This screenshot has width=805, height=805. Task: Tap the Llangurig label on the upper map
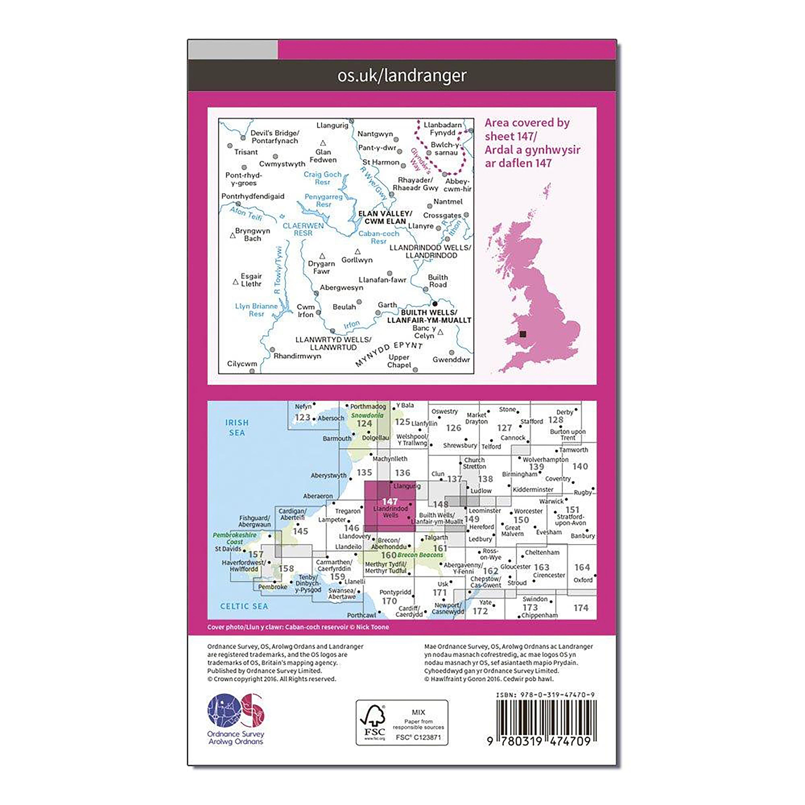click(332, 125)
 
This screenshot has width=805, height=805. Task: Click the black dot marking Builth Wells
click(435, 304)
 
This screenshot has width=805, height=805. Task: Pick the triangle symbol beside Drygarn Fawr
click(322, 256)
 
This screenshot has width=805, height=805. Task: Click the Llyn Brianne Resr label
click(256, 310)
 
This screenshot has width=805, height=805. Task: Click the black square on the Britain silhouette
click(523, 334)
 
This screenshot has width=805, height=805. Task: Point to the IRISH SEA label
click(237, 427)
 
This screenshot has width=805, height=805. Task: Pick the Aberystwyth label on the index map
click(328, 475)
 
